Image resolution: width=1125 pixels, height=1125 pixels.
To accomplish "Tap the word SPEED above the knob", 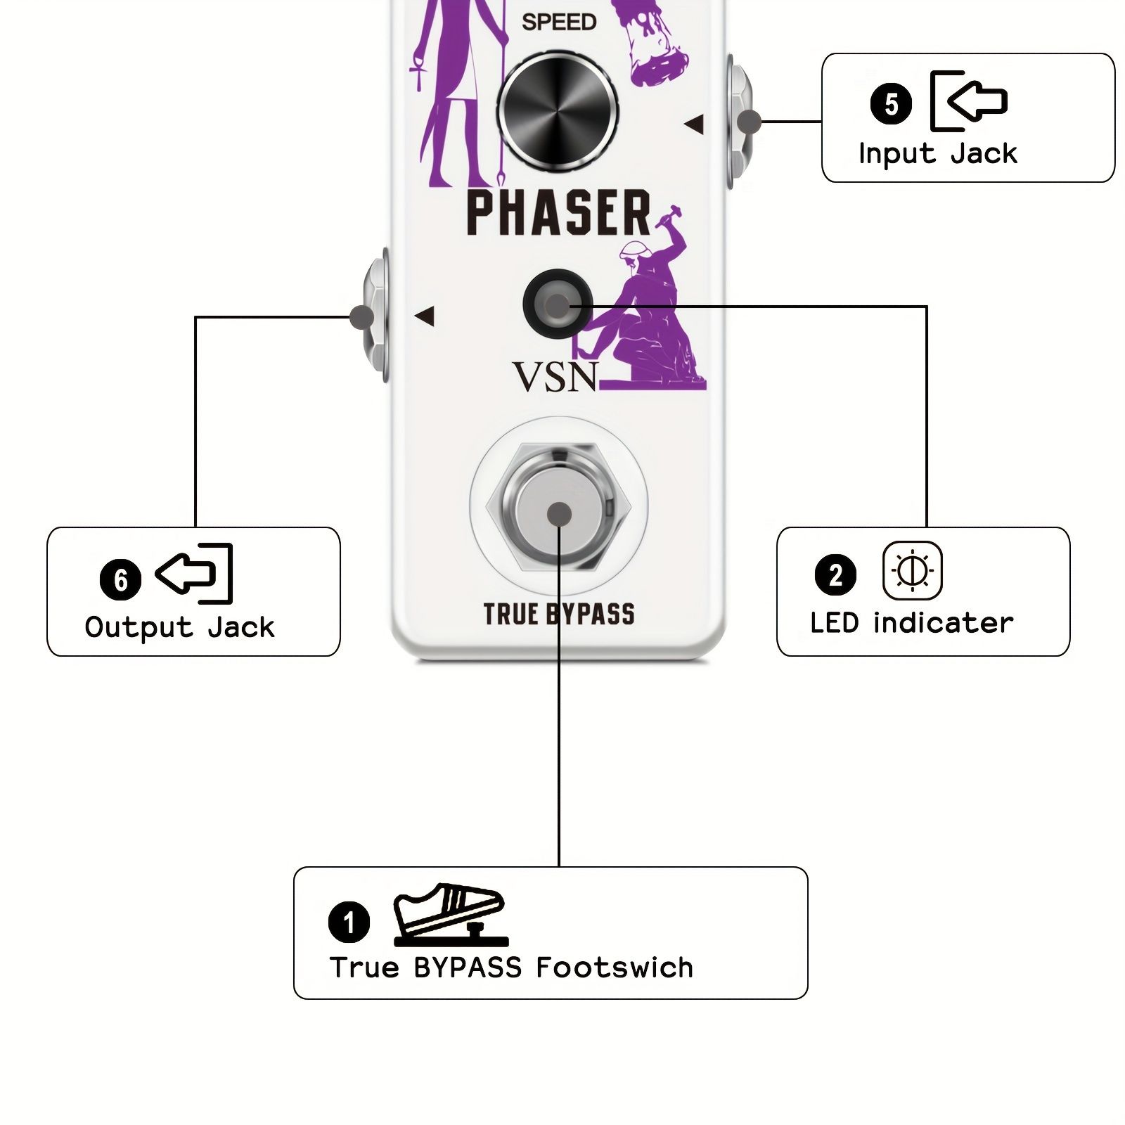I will [x=559, y=22].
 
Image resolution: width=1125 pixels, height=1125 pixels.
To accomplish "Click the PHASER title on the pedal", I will [x=559, y=212].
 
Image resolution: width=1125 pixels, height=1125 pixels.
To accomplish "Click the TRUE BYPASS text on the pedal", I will [x=559, y=614].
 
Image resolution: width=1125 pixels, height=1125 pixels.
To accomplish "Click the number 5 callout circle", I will [x=891, y=104].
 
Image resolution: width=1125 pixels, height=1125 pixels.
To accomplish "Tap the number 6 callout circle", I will [x=120, y=579].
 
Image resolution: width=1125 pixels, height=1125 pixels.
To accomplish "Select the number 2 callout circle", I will [x=835, y=574].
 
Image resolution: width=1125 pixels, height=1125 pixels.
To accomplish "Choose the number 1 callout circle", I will [x=349, y=921].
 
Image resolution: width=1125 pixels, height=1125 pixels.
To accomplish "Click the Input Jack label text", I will [x=938, y=153].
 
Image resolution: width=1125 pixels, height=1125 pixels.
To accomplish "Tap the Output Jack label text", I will [x=180, y=627].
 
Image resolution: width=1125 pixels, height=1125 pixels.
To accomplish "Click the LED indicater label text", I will [x=912, y=623].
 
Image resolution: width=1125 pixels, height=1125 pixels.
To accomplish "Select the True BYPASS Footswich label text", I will [x=511, y=967].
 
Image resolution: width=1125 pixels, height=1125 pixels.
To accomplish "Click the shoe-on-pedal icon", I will [x=450, y=914].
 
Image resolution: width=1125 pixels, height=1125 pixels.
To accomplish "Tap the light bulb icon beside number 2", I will [x=912, y=570].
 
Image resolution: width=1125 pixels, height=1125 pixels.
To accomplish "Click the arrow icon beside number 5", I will [x=969, y=101].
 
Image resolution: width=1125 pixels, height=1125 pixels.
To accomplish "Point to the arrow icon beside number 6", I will [x=194, y=573].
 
